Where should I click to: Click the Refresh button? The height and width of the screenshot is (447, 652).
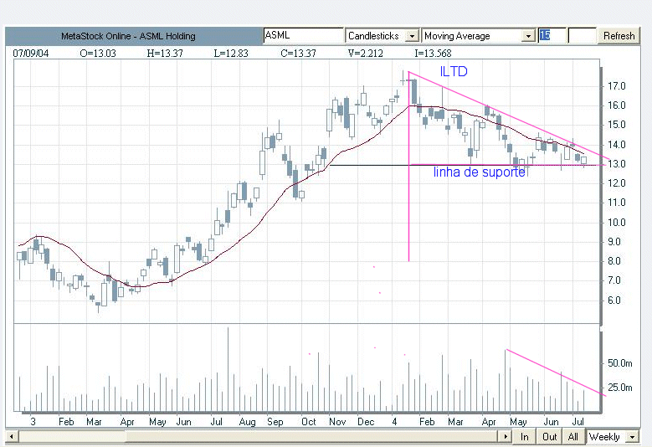coord(619,36)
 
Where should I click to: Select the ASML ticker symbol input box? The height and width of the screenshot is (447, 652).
coord(303,36)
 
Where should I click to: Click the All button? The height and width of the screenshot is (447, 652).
coord(573,437)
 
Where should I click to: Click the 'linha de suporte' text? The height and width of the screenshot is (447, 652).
coord(479,172)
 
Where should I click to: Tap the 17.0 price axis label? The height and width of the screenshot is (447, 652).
coord(618,86)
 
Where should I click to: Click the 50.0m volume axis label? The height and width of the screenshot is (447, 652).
coord(619,363)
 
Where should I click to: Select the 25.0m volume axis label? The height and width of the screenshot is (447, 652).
coord(619,388)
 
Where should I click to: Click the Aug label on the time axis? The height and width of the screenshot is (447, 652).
coord(246,422)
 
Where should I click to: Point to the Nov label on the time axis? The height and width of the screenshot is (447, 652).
coord(338,422)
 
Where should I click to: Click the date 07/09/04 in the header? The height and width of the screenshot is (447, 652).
coord(30,53)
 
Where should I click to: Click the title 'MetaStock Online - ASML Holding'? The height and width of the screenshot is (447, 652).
coord(128,36)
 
